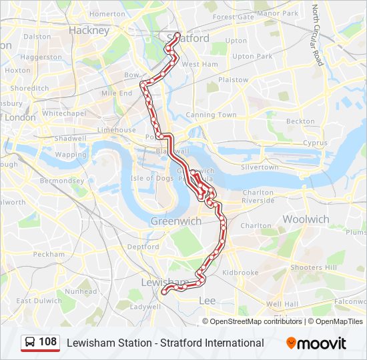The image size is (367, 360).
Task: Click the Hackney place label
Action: point(89,31)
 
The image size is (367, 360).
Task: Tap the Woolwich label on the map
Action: point(306,219)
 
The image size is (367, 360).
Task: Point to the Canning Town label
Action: point(211,115)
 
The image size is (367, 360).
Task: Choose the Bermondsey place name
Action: point(61,181)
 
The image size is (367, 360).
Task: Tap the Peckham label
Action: point(49,254)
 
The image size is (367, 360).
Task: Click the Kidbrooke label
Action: point(240,273)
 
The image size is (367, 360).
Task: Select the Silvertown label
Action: point(260,167)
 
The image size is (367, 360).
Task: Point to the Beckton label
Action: point(300,121)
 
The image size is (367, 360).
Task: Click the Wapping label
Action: point(71,155)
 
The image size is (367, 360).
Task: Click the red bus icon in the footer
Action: point(30,343)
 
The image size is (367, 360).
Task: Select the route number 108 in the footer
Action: point(48,342)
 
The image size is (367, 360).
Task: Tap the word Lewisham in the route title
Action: point(88,343)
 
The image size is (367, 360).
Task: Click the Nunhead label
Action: point(81,291)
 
